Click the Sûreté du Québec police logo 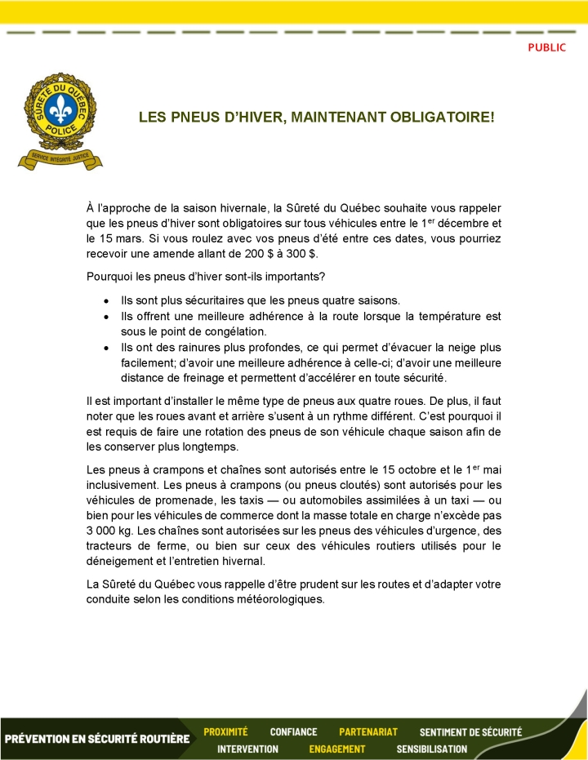pyautogui.click(x=60, y=120)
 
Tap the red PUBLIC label pyautogui.click(x=546, y=47)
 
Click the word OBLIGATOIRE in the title pyautogui.click(x=443, y=118)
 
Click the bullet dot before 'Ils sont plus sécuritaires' pyautogui.click(x=106, y=300)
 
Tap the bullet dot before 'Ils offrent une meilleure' pyautogui.click(x=106, y=317)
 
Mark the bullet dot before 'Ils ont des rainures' pyautogui.click(x=106, y=348)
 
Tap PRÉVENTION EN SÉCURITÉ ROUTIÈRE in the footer pyautogui.click(x=97, y=740)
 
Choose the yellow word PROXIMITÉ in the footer pyautogui.click(x=225, y=731)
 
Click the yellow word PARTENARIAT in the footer pyautogui.click(x=368, y=731)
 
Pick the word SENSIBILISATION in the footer pyautogui.click(x=431, y=749)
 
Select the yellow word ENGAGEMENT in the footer pyautogui.click(x=336, y=749)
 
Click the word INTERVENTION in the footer pyautogui.click(x=247, y=749)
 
